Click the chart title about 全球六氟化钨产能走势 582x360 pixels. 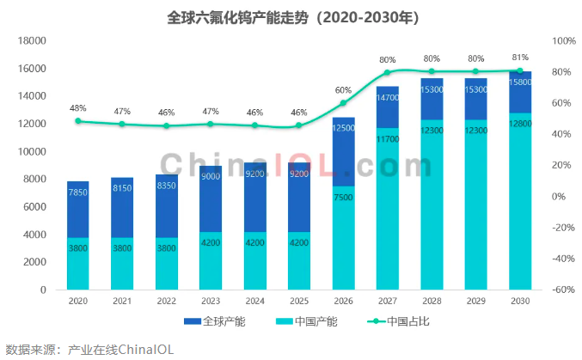pyautogui.click(x=293, y=17)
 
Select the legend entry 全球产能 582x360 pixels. pyautogui.click(x=215, y=321)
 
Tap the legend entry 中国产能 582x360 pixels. pyautogui.click(x=307, y=321)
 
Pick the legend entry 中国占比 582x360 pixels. pyautogui.click(x=398, y=321)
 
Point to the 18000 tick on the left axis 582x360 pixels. pyautogui.click(x=32, y=41)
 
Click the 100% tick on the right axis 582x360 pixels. pyautogui.click(x=564, y=41)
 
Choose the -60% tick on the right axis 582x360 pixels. pyautogui.click(x=563, y=290)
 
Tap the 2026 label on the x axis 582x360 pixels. pyautogui.click(x=343, y=301)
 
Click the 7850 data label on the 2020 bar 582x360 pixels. pyautogui.click(x=78, y=192)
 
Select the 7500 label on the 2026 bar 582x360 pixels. pyautogui.click(x=343, y=197)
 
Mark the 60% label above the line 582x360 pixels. pyautogui.click(x=343, y=90)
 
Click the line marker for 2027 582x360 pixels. pyautogui.click(x=387, y=72)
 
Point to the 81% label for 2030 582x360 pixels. pyautogui.click(x=520, y=58)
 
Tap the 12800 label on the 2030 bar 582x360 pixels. pyautogui.click(x=520, y=124)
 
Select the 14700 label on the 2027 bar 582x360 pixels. pyautogui.click(x=388, y=98)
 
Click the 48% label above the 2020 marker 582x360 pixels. pyautogui.click(x=78, y=108)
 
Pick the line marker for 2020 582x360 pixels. pyautogui.click(x=78, y=121)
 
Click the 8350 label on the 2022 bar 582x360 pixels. pyautogui.click(x=166, y=186)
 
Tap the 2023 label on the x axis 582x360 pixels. pyautogui.click(x=211, y=301)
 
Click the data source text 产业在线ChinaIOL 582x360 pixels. pyautogui.click(x=120, y=350)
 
